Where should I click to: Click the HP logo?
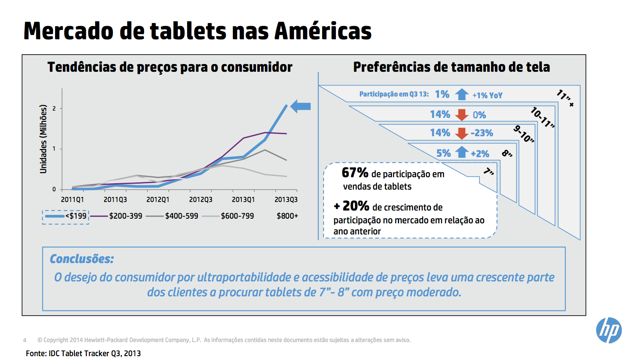pyautogui.click(x=609, y=330)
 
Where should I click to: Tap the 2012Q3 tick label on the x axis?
pyautogui.click(x=201, y=199)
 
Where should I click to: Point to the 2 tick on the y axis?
pyautogui.click(x=54, y=108)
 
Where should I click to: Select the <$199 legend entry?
pyautogui.click(x=66, y=217)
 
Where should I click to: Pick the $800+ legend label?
pyautogui.click(x=287, y=216)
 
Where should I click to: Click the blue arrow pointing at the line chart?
pyautogui.click(x=300, y=106)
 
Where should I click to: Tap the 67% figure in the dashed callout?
pyautogui.click(x=355, y=173)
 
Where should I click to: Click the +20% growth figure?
pyautogui.click(x=352, y=206)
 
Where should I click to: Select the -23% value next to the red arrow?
pyautogui.click(x=482, y=133)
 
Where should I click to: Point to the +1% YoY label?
pyautogui.click(x=487, y=96)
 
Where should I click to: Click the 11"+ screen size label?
pyautogui.click(x=565, y=98)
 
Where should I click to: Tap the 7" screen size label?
pyautogui.click(x=488, y=172)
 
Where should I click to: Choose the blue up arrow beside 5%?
pyautogui.click(x=462, y=152)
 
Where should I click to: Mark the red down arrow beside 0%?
pyautogui.click(x=462, y=114)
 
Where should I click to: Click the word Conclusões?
pyautogui.click(x=82, y=259)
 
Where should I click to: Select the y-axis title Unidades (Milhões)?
pyautogui.click(x=43, y=139)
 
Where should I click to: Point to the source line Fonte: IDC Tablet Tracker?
pyautogui.click(x=83, y=353)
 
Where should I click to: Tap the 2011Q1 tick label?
pyautogui.click(x=73, y=199)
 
